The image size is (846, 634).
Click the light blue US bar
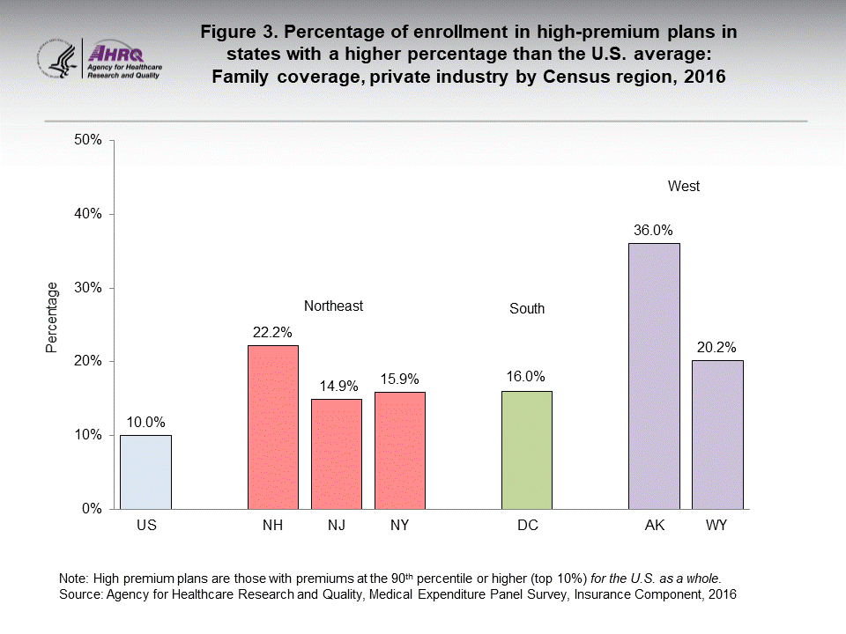[x=146, y=472]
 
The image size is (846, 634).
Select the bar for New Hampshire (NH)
[x=272, y=427]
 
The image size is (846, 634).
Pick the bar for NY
[x=399, y=450]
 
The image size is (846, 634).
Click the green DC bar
[x=526, y=450]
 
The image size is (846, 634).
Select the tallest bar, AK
[x=653, y=376]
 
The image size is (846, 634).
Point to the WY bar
[x=716, y=434]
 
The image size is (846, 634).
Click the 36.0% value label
[x=653, y=231]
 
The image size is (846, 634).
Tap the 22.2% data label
[x=272, y=333]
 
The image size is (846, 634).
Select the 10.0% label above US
[x=146, y=423]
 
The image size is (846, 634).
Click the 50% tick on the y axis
[x=89, y=140]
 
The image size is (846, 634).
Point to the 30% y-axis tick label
[x=89, y=288]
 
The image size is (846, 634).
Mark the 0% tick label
[x=93, y=509]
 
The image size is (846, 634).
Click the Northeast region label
[x=333, y=306]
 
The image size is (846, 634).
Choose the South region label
[x=527, y=309]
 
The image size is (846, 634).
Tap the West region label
[x=684, y=187]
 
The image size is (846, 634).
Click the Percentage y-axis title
[x=53, y=317]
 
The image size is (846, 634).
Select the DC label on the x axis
[x=527, y=526]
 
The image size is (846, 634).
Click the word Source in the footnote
[x=80, y=595]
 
